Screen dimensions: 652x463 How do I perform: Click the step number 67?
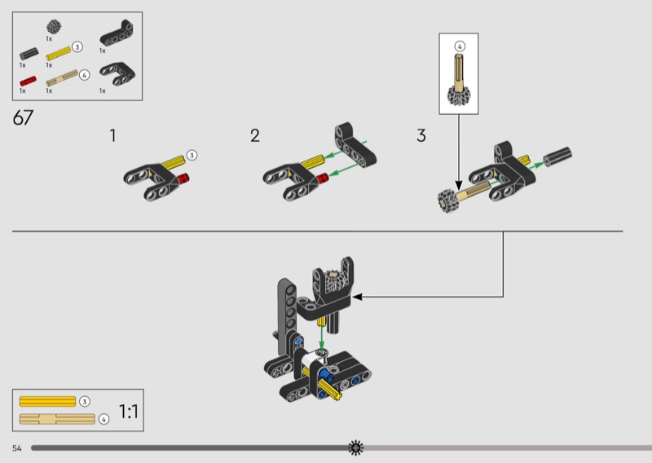click(x=23, y=117)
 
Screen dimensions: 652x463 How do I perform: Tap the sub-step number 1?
click(x=112, y=135)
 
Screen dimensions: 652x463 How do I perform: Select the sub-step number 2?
click(x=255, y=135)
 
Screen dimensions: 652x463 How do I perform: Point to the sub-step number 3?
click(x=421, y=135)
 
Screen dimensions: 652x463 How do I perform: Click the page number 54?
click(x=16, y=448)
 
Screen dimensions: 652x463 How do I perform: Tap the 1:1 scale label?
click(x=129, y=412)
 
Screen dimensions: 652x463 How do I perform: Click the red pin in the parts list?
click(x=28, y=82)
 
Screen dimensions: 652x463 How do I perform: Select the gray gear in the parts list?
click(x=54, y=27)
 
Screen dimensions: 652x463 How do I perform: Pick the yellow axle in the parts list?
click(x=58, y=54)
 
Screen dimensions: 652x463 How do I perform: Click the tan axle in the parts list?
click(x=62, y=77)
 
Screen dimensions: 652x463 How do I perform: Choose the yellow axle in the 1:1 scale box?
click(x=47, y=401)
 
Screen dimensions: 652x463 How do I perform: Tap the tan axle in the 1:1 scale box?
click(x=57, y=419)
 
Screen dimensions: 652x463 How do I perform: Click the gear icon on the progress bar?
click(x=355, y=448)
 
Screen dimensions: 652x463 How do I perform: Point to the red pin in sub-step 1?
click(x=183, y=178)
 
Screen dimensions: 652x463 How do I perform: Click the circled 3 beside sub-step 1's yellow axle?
click(x=192, y=155)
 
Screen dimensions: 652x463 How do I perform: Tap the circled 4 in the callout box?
click(x=460, y=46)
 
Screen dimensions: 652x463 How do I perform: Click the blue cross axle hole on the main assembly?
click(x=298, y=342)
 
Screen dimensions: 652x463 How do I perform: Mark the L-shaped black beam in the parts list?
click(x=117, y=35)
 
